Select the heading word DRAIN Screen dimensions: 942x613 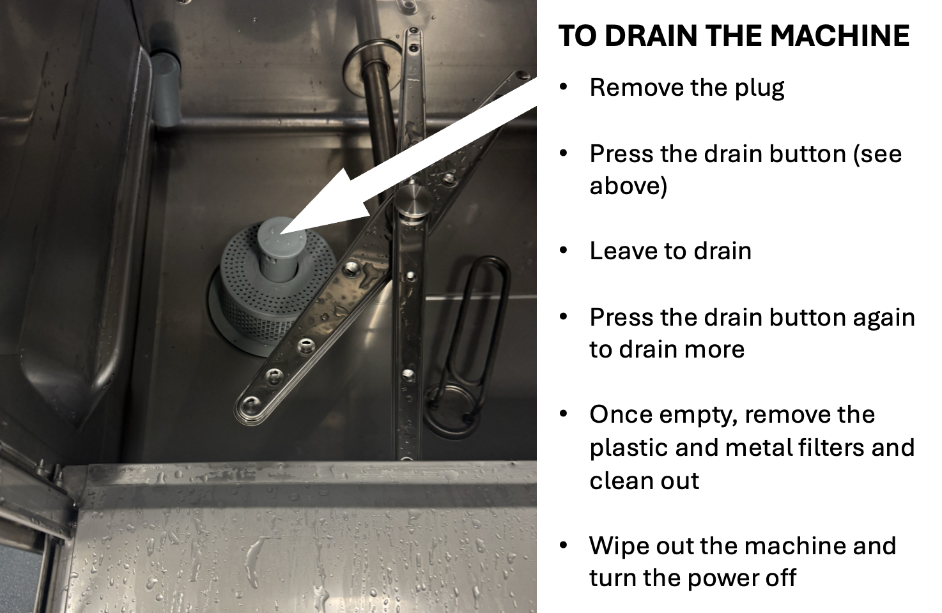[x=652, y=36]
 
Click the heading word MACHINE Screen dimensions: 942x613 [x=840, y=36]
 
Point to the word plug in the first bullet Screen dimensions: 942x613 [x=759, y=89]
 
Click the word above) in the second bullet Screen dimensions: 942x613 [x=628, y=186]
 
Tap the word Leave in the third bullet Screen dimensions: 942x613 [x=623, y=251]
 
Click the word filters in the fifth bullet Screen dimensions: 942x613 [x=823, y=448]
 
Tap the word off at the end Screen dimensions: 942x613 [x=780, y=578]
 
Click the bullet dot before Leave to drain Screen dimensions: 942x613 [x=564, y=250]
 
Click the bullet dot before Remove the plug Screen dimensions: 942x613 [x=564, y=87]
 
